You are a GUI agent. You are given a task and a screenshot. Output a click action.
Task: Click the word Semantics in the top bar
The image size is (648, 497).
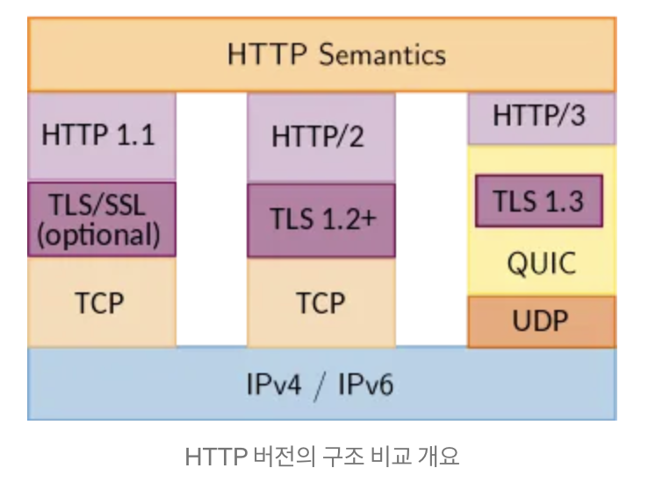[382, 54]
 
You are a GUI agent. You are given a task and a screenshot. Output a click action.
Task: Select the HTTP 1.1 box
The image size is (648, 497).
[98, 136]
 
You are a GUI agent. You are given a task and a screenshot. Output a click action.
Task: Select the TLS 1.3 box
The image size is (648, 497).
[538, 201]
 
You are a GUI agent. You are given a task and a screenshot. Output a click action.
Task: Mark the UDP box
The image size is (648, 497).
[540, 321]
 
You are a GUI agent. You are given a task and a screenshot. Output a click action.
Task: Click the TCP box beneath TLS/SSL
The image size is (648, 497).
[98, 303]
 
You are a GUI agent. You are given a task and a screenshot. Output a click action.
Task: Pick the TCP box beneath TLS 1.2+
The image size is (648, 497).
[320, 303]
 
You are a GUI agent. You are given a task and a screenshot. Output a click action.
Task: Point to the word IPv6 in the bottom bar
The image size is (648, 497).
[364, 385]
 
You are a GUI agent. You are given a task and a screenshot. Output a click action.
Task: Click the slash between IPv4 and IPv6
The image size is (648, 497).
[320, 385]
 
